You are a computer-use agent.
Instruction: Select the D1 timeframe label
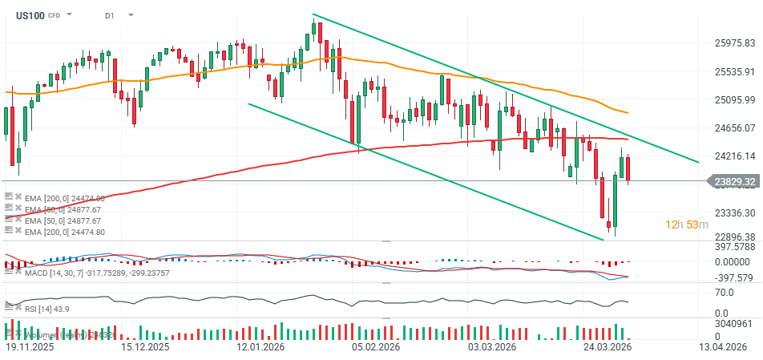110,15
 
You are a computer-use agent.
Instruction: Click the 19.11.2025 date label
30,347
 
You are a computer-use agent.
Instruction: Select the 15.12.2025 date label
144,347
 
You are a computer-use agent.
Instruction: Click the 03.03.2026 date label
491,347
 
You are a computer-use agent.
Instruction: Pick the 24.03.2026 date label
607,347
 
